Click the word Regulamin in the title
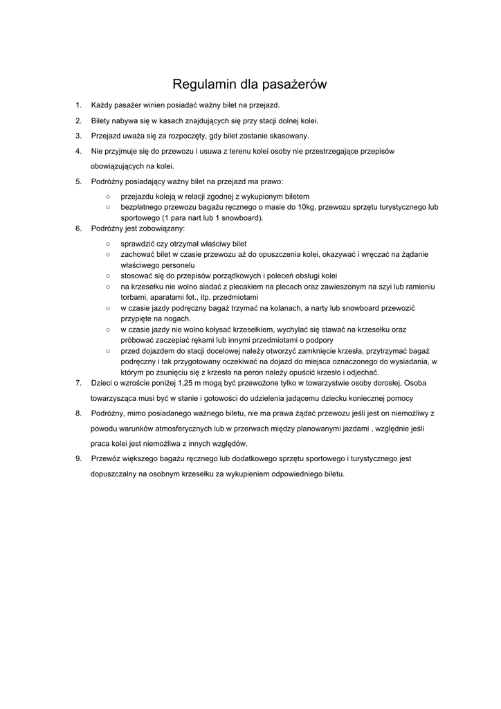coord(203,84)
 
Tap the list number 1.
coord(78,105)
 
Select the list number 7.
coord(78,382)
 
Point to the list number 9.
coord(78,458)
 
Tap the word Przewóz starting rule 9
coord(107,458)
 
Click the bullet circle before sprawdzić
coord(108,244)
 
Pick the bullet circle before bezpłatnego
coord(108,207)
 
